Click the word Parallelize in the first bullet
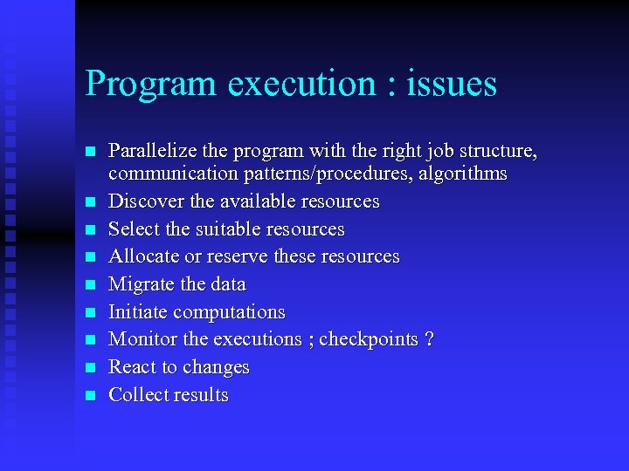click(149, 152)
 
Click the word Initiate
click(138, 312)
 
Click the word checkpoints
click(368, 339)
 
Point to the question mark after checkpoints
click(429, 339)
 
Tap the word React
click(132, 367)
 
